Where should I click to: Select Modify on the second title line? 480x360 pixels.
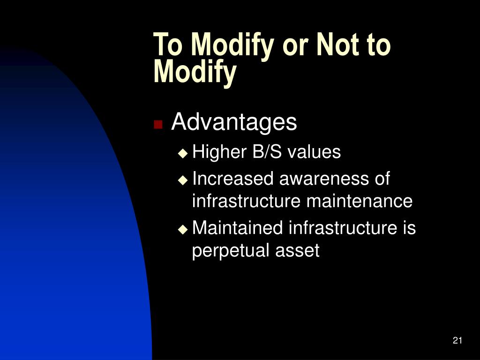195,72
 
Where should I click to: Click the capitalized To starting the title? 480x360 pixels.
168,45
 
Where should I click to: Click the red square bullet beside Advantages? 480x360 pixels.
158,125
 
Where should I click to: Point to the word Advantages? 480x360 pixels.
234,122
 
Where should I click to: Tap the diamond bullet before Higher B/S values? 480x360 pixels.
183,153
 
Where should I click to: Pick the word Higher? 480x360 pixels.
219,151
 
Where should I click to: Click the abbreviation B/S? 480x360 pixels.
267,151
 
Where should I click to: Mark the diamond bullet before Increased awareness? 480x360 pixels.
183,180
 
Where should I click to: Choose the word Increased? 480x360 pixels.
233,179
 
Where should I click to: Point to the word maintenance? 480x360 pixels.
360,202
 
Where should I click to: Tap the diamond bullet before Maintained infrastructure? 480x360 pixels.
183,229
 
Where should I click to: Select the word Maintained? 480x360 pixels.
237,228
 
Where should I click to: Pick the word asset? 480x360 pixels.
297,251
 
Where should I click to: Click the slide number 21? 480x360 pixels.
457,340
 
